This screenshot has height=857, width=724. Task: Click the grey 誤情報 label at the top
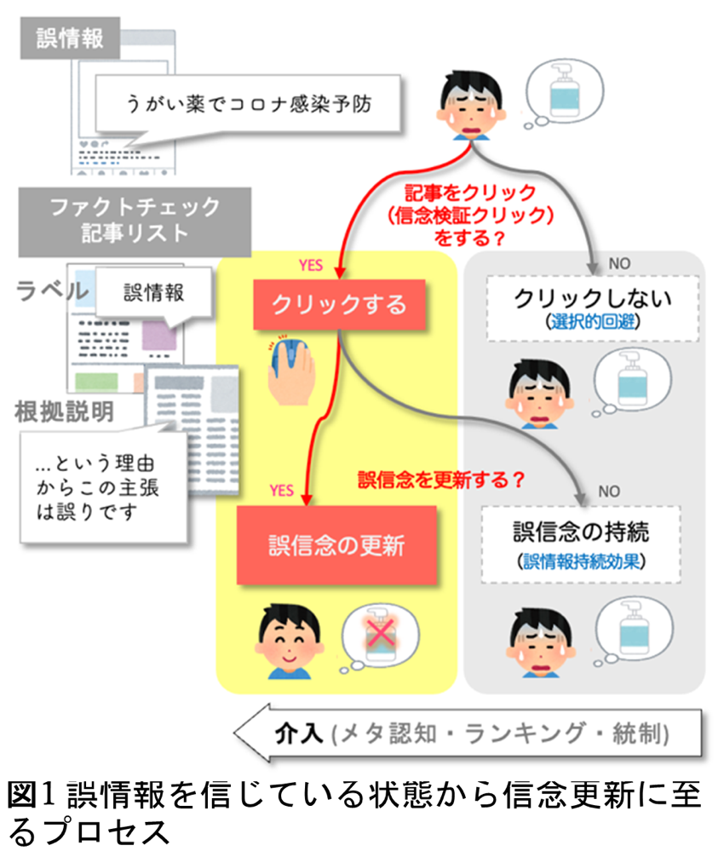pyautogui.click(x=70, y=37)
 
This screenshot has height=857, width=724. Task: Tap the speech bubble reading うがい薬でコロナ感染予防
pyautogui.click(x=248, y=104)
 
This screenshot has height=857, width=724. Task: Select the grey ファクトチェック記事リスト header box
pyautogui.click(x=135, y=221)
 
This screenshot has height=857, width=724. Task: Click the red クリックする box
pyautogui.click(x=339, y=304)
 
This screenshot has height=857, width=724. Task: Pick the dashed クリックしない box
pyautogui.click(x=593, y=308)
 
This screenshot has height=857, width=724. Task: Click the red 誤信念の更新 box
pyautogui.click(x=336, y=545)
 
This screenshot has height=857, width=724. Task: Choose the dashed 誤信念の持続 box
pyautogui.click(x=581, y=544)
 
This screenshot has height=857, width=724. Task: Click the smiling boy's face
pyautogui.click(x=289, y=641)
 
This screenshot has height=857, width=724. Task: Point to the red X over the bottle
pyautogui.click(x=381, y=634)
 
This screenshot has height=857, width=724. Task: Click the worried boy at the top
pyautogui.click(x=471, y=105)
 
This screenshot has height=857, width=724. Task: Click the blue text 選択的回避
pyautogui.click(x=593, y=321)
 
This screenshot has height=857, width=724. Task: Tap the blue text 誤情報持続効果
pyautogui.click(x=581, y=561)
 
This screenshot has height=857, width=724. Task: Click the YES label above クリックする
pyautogui.click(x=310, y=265)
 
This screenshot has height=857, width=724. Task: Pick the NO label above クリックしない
pyautogui.click(x=619, y=263)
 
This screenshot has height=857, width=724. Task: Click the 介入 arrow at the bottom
pyautogui.click(x=468, y=733)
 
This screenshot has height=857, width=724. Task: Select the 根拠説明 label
pyautogui.click(x=64, y=411)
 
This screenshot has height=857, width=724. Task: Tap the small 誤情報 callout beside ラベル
pyautogui.click(x=153, y=294)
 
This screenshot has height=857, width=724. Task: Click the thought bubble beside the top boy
pyautogui.click(x=563, y=94)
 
